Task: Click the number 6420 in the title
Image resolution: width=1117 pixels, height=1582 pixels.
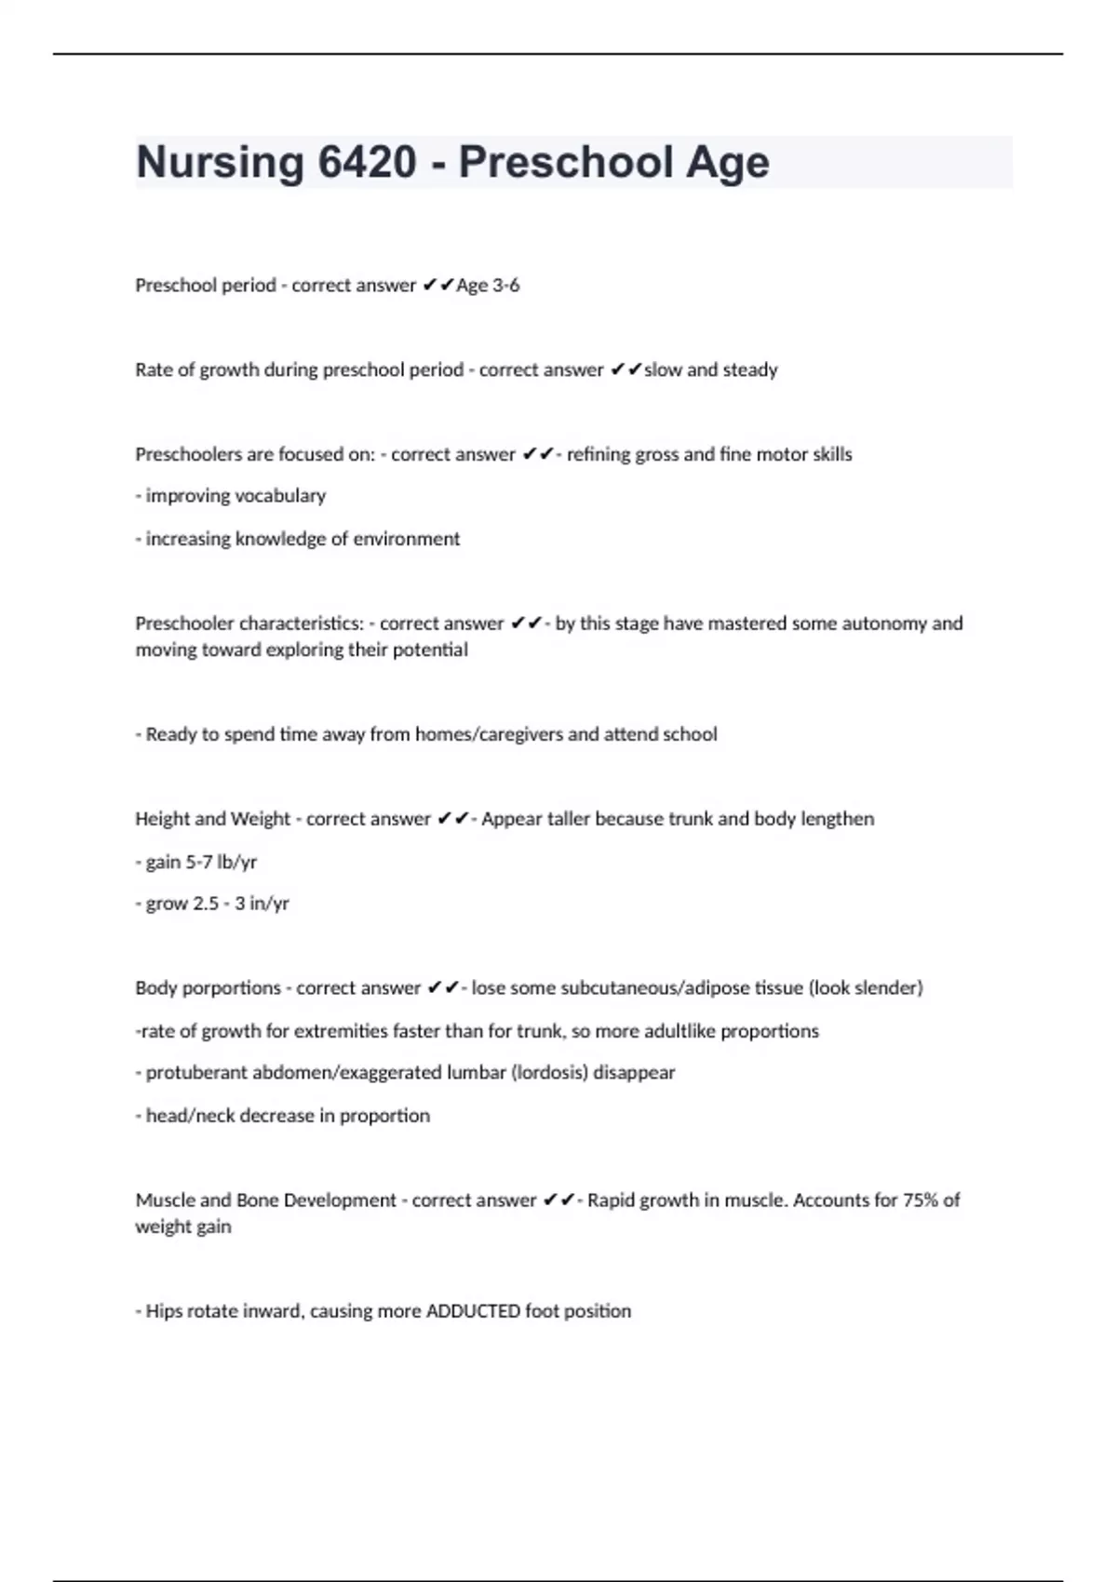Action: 367,162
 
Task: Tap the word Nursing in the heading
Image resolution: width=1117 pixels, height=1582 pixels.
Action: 220,162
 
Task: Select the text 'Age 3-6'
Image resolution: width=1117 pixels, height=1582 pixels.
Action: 488,286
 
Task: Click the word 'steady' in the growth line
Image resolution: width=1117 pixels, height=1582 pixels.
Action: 750,369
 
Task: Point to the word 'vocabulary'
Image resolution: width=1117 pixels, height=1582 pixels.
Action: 281,496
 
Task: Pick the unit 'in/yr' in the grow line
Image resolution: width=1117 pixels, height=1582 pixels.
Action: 269,904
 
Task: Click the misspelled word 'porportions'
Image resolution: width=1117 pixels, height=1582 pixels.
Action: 231,987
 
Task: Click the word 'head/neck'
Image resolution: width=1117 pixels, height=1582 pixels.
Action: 183,1116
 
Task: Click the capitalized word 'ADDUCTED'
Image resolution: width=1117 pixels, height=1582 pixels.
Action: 473,1311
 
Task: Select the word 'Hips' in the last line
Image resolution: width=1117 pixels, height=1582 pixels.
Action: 164,1311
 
